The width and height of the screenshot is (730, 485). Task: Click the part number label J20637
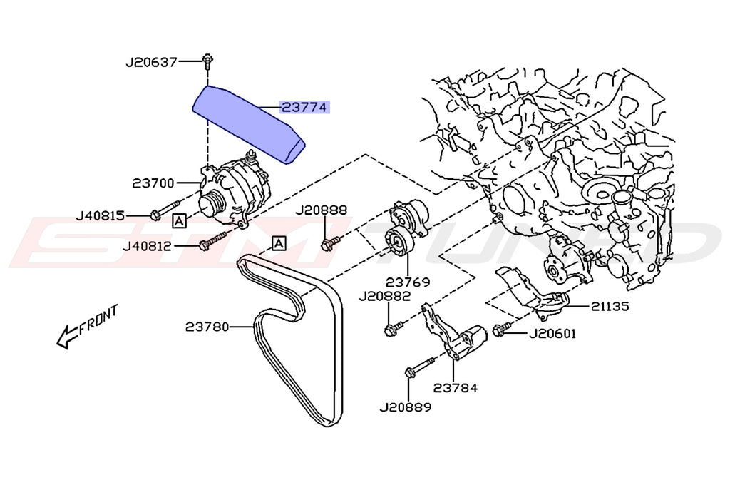pyautogui.click(x=151, y=62)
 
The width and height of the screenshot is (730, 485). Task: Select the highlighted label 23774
pyautogui.click(x=304, y=108)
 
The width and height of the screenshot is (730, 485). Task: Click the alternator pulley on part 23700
pyautogui.click(x=211, y=204)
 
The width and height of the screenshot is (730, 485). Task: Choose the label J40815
pyautogui.click(x=99, y=215)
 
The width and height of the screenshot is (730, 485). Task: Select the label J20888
pyautogui.click(x=321, y=210)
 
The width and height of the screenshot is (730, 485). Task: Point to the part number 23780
pyautogui.click(x=207, y=327)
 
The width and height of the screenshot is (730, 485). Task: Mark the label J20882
pyautogui.click(x=384, y=296)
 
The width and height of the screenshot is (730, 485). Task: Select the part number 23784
pyautogui.click(x=454, y=389)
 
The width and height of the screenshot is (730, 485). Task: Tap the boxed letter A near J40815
pyautogui.click(x=179, y=220)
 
